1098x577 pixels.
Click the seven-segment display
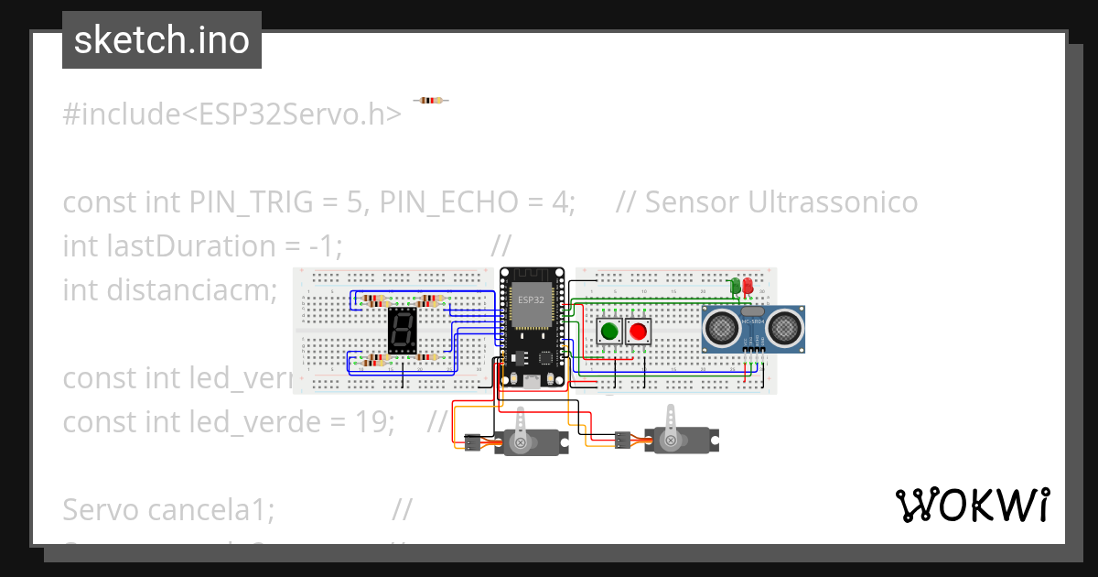[x=404, y=331]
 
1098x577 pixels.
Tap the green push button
[x=608, y=331]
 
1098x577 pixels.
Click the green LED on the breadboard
[x=735, y=287]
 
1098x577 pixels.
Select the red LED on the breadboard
[x=748, y=287]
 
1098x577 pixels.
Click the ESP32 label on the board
[x=531, y=299]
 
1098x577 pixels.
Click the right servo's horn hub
[x=671, y=441]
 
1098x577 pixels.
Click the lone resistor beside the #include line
[x=430, y=100]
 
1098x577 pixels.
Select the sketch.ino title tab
[x=162, y=40]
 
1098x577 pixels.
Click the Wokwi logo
[x=972, y=505]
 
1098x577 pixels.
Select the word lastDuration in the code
[x=204, y=245]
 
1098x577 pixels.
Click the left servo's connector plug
[x=473, y=443]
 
